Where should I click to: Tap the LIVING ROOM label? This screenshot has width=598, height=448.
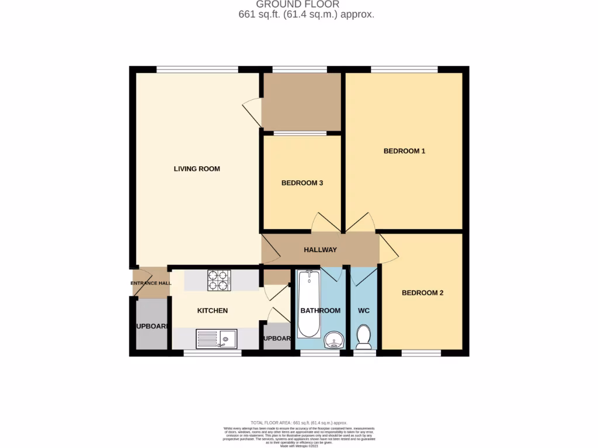197,169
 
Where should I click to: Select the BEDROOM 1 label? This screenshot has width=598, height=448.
404,151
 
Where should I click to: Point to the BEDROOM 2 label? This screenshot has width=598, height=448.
422,293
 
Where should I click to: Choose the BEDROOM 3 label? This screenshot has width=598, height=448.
302,183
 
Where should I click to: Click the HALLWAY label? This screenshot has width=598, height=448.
320,250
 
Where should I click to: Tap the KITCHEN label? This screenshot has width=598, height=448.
212,311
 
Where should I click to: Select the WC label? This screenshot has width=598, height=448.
364,311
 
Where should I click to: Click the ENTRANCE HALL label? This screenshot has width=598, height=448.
151,283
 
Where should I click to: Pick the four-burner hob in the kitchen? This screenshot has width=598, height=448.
220,280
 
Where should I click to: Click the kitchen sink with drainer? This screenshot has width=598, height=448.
216,339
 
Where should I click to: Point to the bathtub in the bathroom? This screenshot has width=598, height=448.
309,303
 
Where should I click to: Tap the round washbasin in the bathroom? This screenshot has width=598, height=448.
333,340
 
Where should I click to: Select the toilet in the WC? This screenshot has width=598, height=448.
364,337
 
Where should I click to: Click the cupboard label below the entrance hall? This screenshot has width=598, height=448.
151,327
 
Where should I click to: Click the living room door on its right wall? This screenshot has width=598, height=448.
251,111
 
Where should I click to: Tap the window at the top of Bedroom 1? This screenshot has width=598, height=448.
404,69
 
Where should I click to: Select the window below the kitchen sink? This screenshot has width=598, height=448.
213,353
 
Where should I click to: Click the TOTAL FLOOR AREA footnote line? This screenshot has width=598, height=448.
299,422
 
